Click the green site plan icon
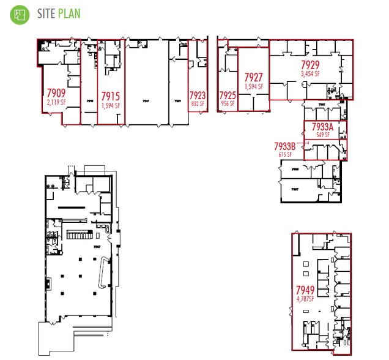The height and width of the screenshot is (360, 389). [x=20, y=14]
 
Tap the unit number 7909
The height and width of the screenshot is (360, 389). [x=56, y=93]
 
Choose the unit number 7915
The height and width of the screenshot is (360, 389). [x=110, y=96]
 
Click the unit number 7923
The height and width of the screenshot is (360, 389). [x=198, y=96]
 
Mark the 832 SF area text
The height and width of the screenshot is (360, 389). [x=198, y=103]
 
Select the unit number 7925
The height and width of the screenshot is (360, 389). [x=228, y=96]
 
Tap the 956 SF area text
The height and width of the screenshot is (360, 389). [x=228, y=103]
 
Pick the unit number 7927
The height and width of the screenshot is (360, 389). [x=253, y=77]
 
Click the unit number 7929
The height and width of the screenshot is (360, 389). [x=311, y=65]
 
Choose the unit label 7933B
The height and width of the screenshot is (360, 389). [x=285, y=147]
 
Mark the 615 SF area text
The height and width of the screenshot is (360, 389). [x=286, y=155]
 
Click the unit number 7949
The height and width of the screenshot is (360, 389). [x=305, y=290]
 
